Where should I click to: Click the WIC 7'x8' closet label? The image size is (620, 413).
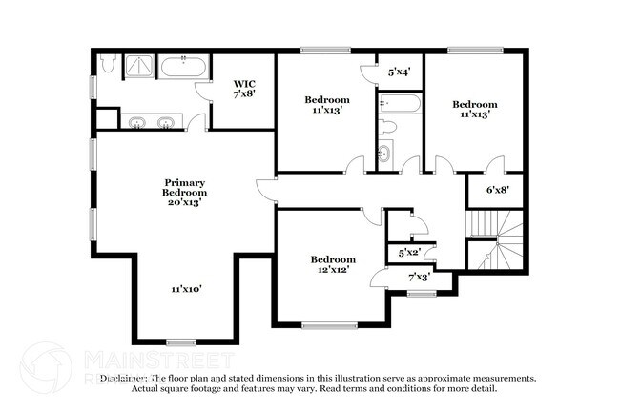click(243, 89)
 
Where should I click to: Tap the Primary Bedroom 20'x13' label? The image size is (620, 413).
click(186, 192)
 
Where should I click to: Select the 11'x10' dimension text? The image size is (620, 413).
click(186, 288)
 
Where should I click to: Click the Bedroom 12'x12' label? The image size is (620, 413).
click(333, 264)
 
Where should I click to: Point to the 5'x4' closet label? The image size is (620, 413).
click(399, 72)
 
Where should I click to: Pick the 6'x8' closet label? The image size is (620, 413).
click(497, 190)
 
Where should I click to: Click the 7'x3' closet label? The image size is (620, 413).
click(418, 277)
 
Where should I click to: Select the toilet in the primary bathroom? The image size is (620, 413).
click(108, 65)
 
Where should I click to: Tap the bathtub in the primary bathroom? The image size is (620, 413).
click(182, 68)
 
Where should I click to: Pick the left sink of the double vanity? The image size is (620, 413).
click(138, 122)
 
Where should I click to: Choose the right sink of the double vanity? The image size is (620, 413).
click(167, 122)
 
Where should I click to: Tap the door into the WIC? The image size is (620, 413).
click(203, 93)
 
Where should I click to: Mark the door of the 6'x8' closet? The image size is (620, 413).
click(493, 164)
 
